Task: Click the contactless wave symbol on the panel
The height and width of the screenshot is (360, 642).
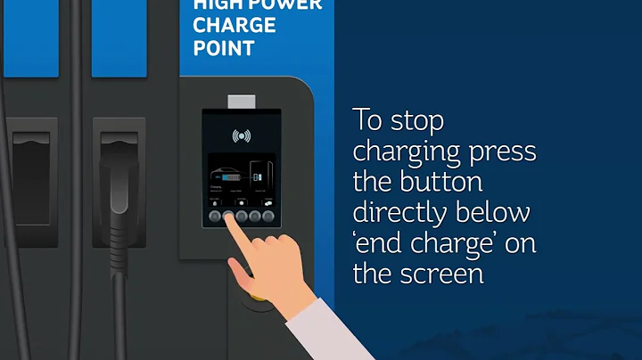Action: pos(241,136)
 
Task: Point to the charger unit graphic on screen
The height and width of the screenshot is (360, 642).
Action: pos(259,174)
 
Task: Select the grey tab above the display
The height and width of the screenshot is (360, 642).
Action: pos(242,102)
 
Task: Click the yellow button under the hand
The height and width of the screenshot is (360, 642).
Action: pos(253,294)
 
